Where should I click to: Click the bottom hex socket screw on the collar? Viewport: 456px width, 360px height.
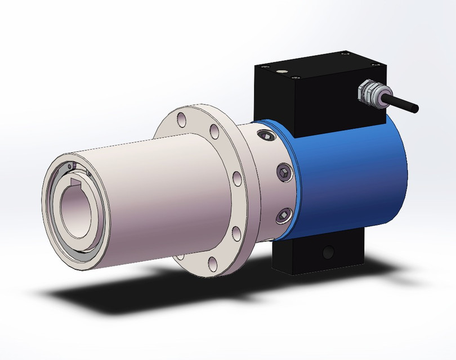pyautogui.click(x=283, y=214)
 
